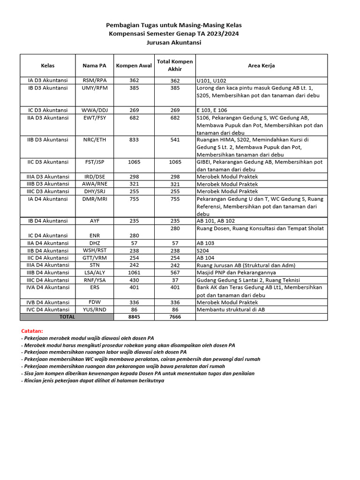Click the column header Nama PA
(x=94, y=66)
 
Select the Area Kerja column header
(x=261, y=66)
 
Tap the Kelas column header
(x=48, y=66)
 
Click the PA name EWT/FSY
(x=94, y=118)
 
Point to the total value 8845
(x=134, y=317)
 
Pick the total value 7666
(x=175, y=317)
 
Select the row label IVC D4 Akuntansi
(x=48, y=310)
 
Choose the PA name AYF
(x=94, y=221)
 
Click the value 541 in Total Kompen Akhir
(x=175, y=140)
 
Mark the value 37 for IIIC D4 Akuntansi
(x=175, y=280)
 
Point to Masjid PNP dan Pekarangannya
(x=236, y=273)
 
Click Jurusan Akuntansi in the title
(x=174, y=43)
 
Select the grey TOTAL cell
(x=67, y=317)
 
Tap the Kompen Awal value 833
(x=134, y=140)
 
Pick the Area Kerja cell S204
(x=203, y=251)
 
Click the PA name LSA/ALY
(x=94, y=273)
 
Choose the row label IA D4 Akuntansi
(x=48, y=199)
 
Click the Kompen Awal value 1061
(x=134, y=273)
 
